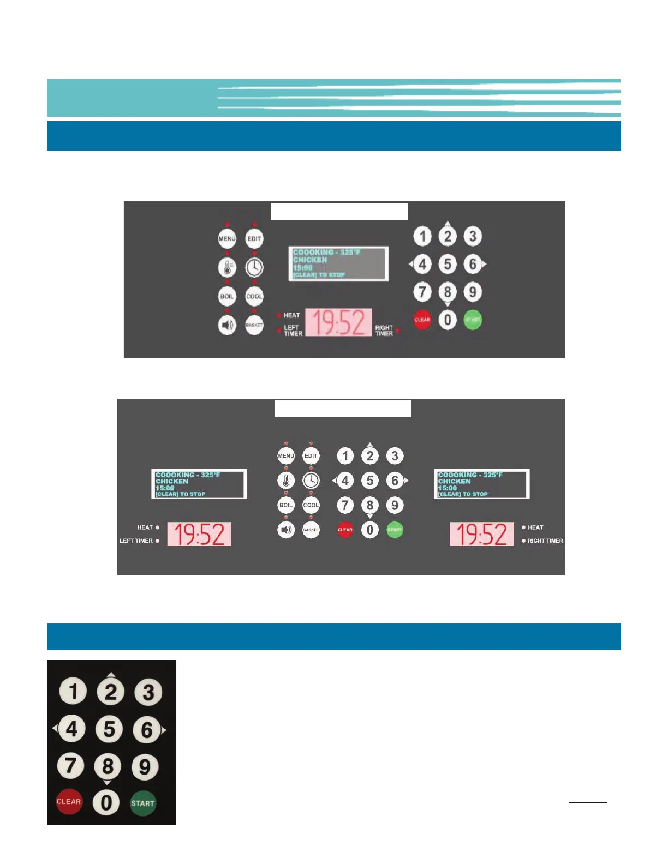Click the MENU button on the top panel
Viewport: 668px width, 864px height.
tap(227, 239)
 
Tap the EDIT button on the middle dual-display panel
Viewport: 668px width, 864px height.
tap(311, 456)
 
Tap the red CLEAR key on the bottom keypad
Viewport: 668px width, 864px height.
tap(69, 802)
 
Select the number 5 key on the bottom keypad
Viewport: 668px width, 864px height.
tap(109, 729)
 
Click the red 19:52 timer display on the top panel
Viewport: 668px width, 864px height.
tap(338, 322)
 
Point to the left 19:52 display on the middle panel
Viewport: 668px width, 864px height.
tap(199, 534)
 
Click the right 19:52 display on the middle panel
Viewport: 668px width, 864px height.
tap(481, 534)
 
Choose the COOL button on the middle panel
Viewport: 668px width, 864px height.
tap(311, 505)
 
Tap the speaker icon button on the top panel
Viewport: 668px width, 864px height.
tap(227, 326)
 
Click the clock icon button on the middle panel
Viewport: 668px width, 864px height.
tap(311, 481)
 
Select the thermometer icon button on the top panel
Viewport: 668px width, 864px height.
tap(227, 267)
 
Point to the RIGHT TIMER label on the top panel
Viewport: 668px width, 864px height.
tap(384, 331)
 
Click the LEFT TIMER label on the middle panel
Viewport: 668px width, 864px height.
tap(136, 541)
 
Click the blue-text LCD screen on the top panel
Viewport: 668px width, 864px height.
tap(338, 263)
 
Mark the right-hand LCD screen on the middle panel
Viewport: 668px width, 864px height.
tap(481, 484)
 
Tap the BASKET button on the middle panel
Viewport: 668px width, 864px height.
tap(311, 530)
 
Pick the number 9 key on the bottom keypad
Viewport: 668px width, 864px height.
tap(145, 767)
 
